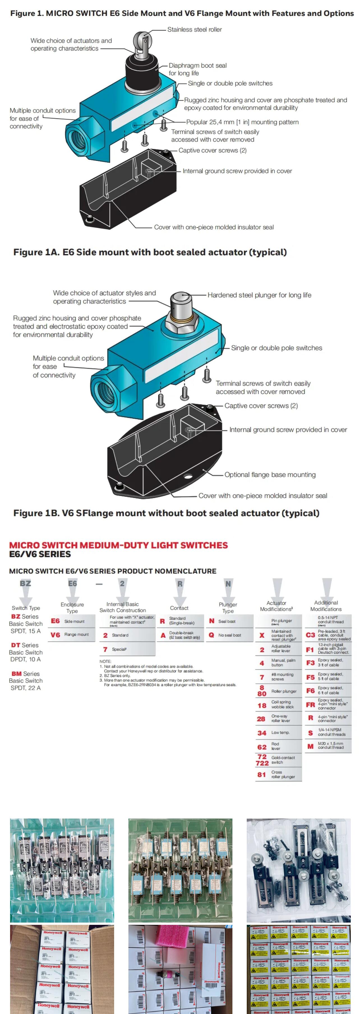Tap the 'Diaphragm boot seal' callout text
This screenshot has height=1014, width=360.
197,66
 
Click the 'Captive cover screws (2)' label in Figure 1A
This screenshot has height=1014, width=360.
213,150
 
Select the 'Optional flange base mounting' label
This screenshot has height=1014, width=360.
270,475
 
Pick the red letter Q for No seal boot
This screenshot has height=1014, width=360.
211,635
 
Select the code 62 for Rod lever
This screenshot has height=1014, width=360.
262,747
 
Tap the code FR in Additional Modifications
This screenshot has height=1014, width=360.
310,705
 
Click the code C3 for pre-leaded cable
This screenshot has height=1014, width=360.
310,635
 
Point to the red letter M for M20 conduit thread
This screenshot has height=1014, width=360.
310,746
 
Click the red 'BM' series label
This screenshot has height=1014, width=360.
17,674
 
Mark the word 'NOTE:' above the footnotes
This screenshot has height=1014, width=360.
105,661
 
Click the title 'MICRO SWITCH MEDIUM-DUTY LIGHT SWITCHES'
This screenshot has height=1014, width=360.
118,545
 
